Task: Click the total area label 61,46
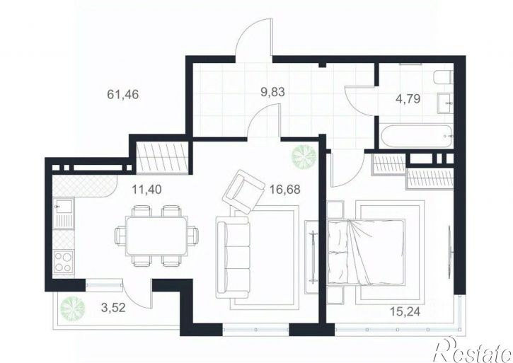(123, 95)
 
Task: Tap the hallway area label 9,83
(272, 92)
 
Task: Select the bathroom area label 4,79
(408, 98)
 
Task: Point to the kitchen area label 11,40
(146, 189)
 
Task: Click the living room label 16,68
(284, 189)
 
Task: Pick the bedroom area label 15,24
(405, 311)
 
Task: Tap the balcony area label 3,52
(113, 307)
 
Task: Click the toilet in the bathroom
(444, 78)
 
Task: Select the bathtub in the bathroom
(416, 136)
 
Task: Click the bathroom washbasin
(446, 103)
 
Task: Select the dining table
(156, 236)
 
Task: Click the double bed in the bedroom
(367, 251)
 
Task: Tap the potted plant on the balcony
(72, 308)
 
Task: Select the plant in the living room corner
(304, 156)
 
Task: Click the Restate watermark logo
(472, 350)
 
